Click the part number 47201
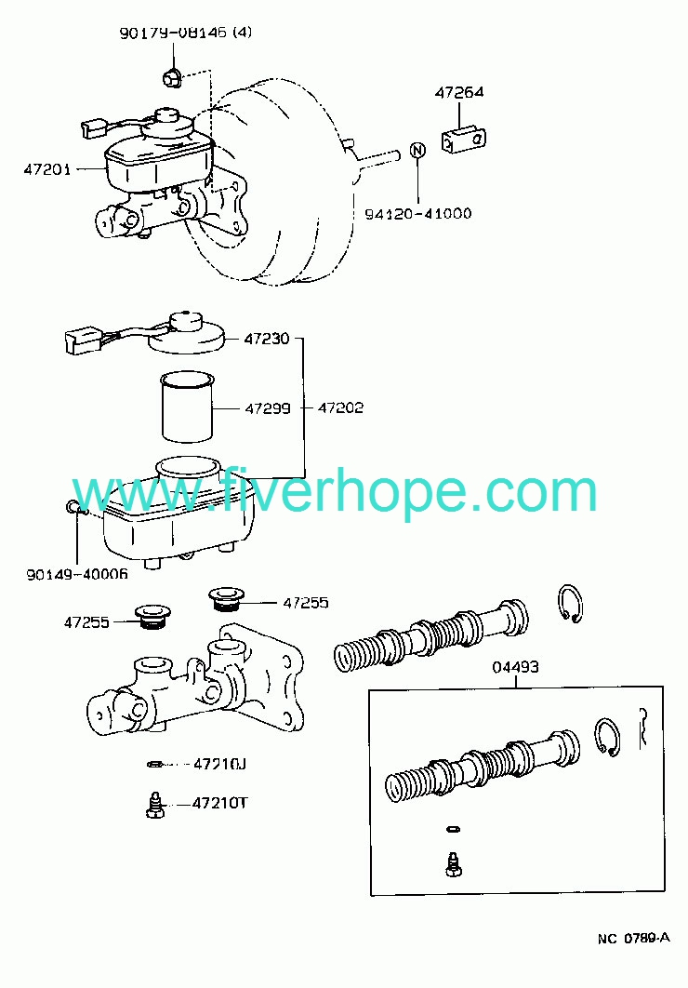[47, 169]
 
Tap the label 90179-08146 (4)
[186, 33]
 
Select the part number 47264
[459, 92]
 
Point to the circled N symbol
[417, 150]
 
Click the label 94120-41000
[418, 214]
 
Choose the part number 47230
[267, 339]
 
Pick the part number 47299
[268, 408]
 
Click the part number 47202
[340, 407]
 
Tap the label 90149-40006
[77, 574]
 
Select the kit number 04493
[515, 667]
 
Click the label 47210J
[219, 765]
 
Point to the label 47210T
[219, 804]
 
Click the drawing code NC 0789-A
[634, 938]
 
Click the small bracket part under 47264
[464, 140]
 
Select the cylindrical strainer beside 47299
[188, 407]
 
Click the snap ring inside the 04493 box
[607, 736]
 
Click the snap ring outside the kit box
[571, 604]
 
